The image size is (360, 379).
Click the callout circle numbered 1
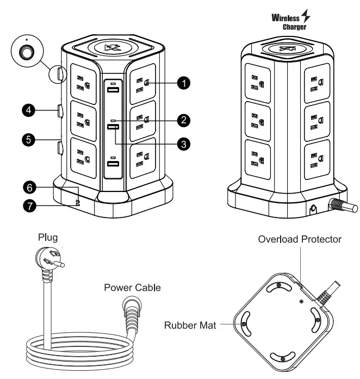[185, 83]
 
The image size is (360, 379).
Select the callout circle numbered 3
[185, 144]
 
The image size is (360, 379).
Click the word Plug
[47, 238]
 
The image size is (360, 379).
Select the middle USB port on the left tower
[113, 127]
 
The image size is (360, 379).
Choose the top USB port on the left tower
[113, 90]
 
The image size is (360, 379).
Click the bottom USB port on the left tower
[113, 164]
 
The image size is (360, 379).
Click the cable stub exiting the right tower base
[343, 207]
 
